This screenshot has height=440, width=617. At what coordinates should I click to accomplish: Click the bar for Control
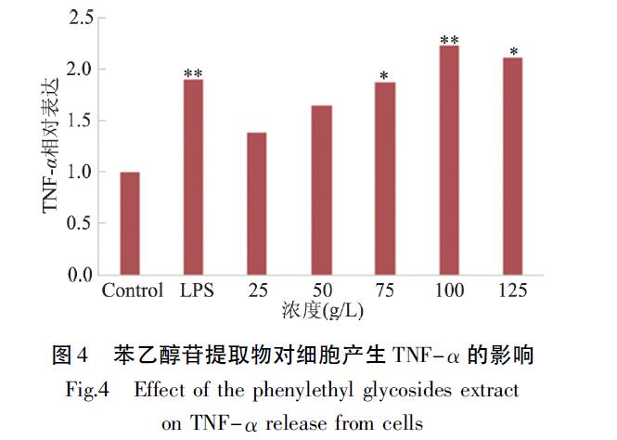[130, 224]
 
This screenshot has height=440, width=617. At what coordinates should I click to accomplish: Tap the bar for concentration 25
[256, 203]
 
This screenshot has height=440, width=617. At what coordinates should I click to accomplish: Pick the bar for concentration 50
[320, 190]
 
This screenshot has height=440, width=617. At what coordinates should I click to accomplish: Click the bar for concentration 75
[384, 179]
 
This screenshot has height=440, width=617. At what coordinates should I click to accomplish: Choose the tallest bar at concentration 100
[449, 161]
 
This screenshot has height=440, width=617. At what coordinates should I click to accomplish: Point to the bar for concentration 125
[512, 166]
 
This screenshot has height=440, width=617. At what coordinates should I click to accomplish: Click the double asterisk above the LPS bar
[193, 73]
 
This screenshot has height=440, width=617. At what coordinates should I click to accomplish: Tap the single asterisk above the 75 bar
[384, 75]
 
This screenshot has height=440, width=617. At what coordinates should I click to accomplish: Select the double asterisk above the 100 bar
[449, 40]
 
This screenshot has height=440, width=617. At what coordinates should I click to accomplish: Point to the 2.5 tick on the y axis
[81, 17]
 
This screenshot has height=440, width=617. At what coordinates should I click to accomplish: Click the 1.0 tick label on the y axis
[81, 172]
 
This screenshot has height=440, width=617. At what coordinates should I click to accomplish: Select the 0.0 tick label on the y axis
[81, 275]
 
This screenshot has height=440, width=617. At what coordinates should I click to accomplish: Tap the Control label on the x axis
[132, 291]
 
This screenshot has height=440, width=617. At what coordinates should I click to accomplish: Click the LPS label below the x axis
[196, 291]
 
